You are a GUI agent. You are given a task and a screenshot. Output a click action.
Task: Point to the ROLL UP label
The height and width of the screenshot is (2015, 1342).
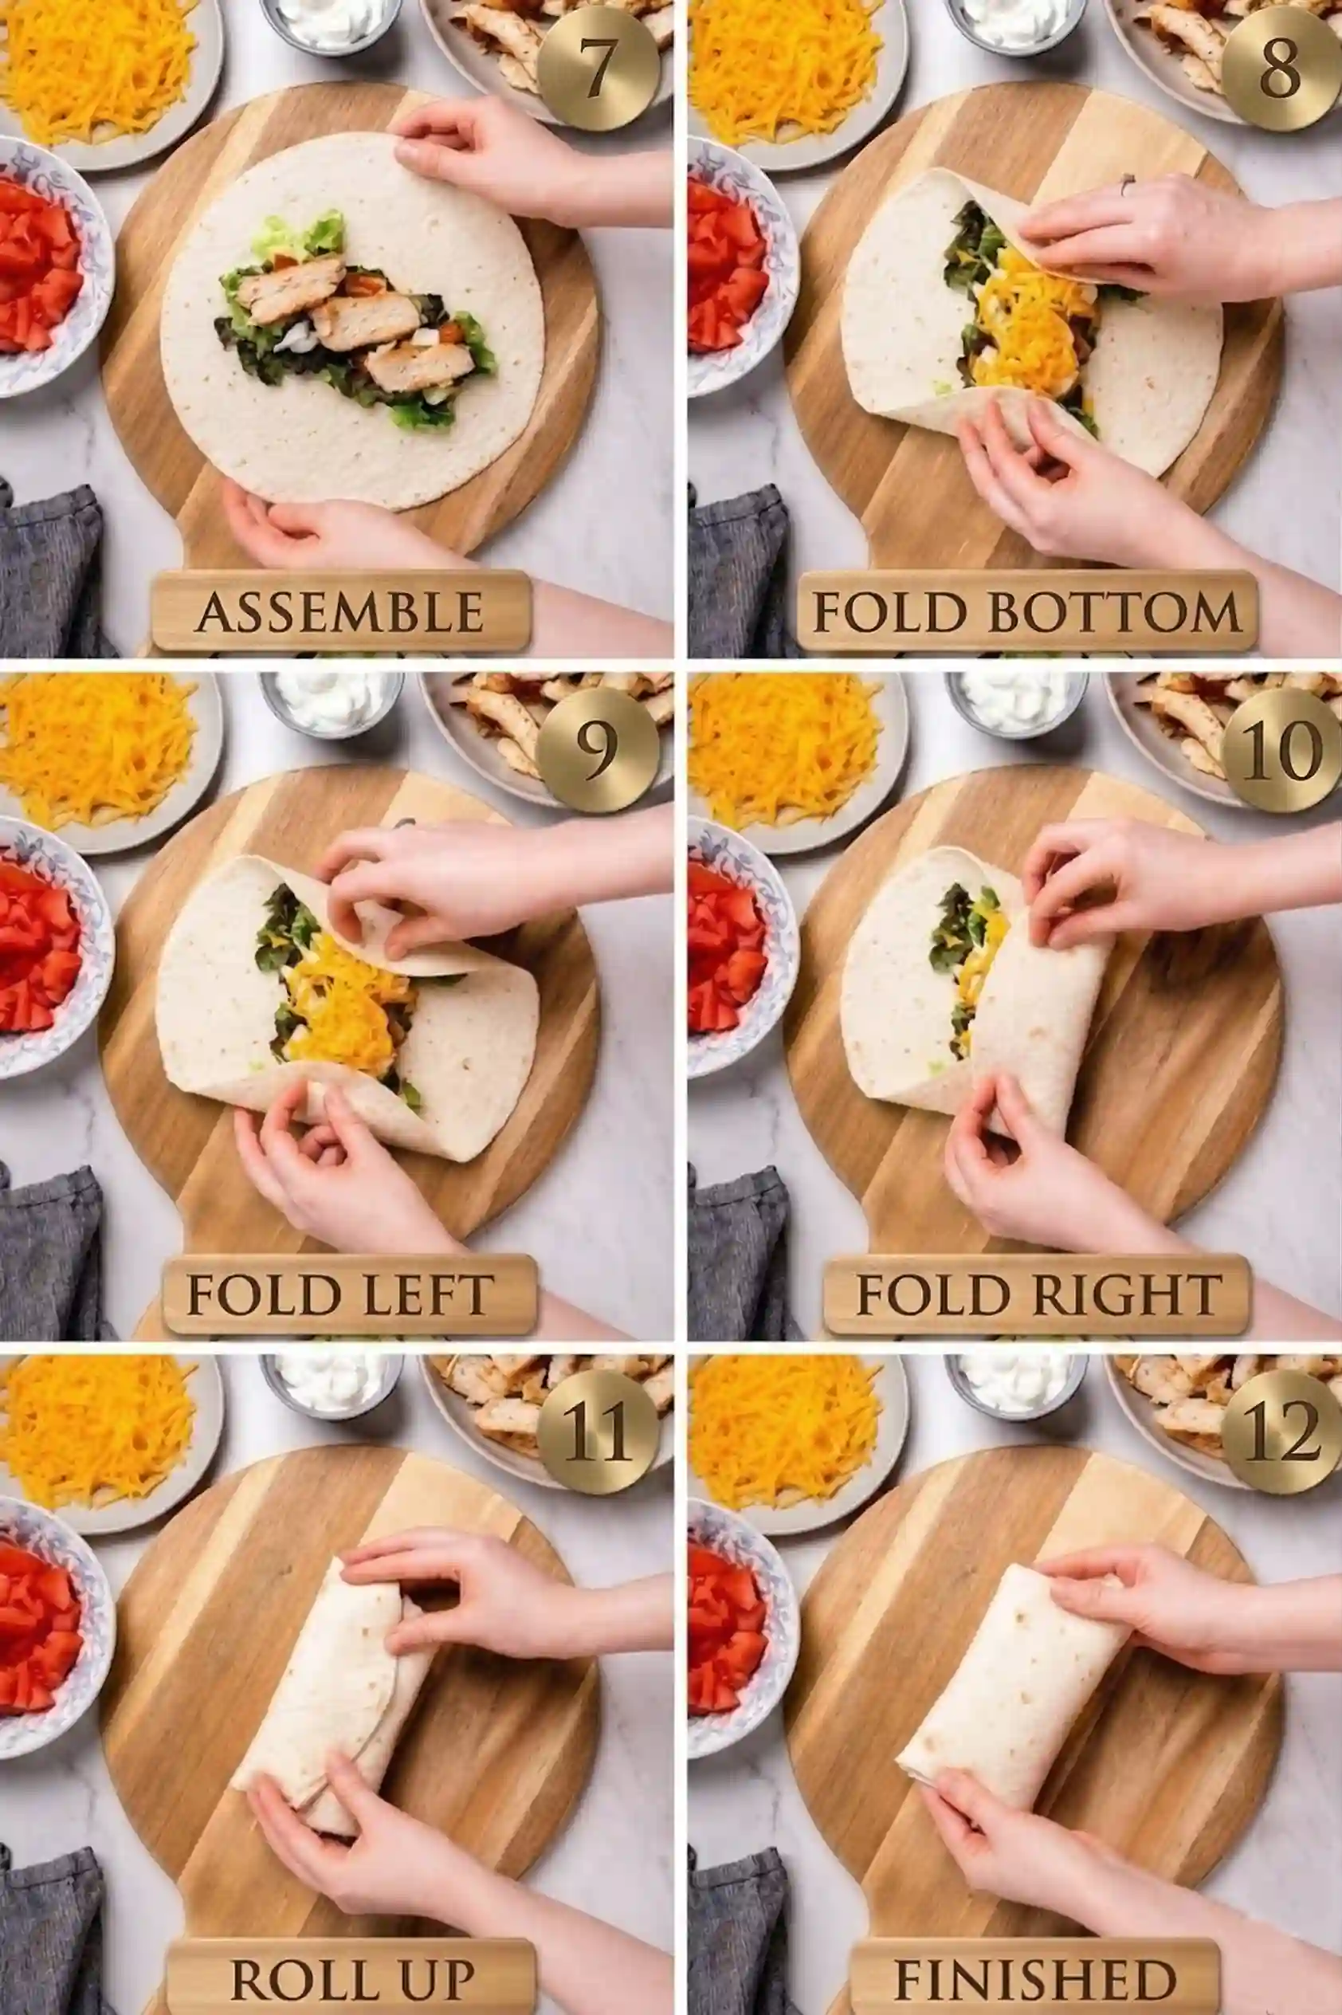coord(351,1972)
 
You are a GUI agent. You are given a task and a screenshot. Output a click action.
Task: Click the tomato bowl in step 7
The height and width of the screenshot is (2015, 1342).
coord(43,265)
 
